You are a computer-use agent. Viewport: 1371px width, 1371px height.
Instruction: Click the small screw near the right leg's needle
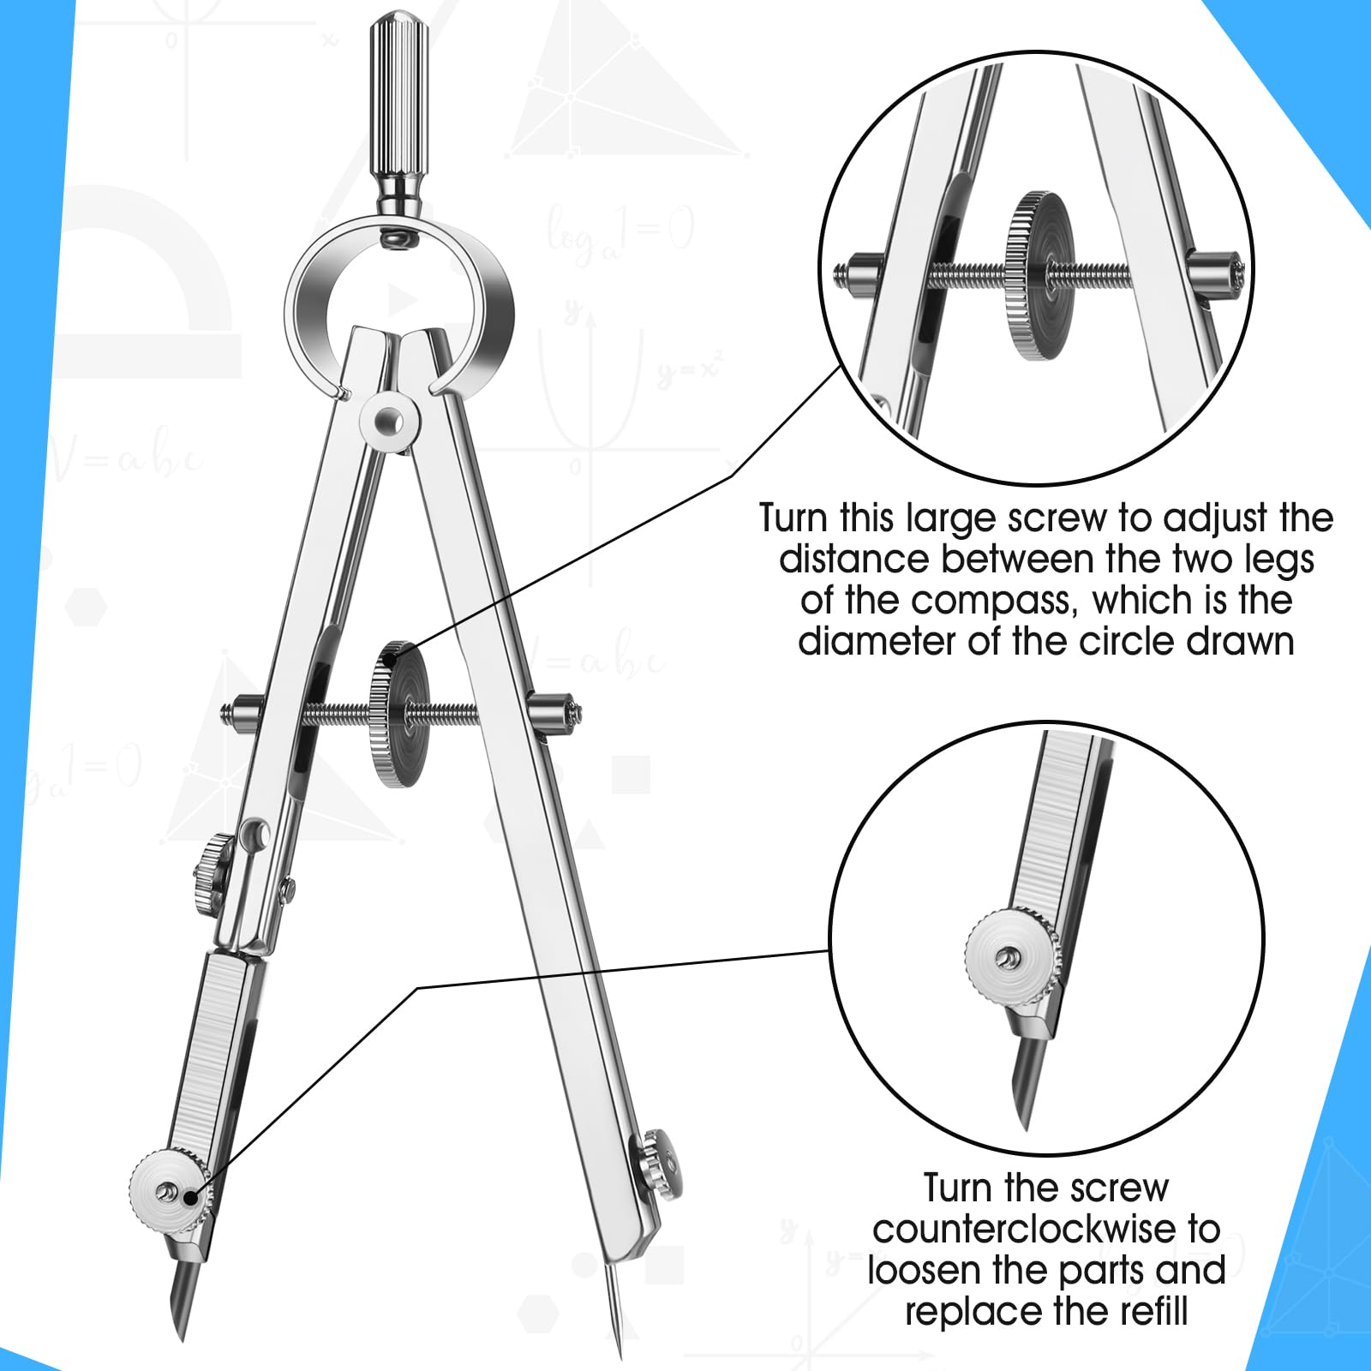(x=663, y=1163)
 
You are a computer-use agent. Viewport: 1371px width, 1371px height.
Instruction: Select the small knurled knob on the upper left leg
(x=212, y=866)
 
